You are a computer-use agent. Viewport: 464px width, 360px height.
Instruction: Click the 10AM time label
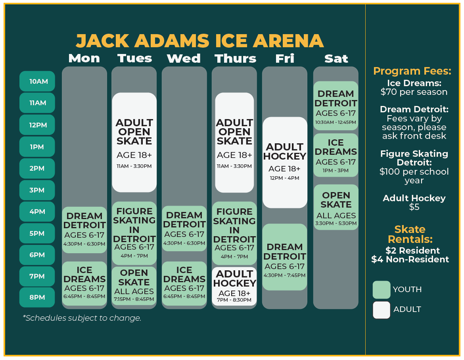(x=37, y=81)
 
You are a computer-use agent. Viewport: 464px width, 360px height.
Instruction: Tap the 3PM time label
(x=37, y=190)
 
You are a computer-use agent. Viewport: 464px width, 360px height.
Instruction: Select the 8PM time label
(x=37, y=297)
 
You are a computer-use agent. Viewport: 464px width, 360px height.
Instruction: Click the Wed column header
(x=184, y=58)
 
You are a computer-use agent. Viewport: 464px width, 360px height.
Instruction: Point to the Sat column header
(x=336, y=58)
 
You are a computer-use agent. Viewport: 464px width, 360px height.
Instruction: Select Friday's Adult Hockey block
(x=285, y=162)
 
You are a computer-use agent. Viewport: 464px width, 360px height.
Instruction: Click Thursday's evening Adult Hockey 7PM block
(x=234, y=286)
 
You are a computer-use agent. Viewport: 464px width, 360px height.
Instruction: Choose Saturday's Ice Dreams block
(x=336, y=155)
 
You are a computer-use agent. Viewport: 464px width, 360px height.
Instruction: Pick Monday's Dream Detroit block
(x=84, y=230)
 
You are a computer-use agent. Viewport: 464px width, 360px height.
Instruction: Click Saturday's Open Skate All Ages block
(x=336, y=207)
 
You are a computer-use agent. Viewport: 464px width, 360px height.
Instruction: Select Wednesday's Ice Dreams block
(x=184, y=283)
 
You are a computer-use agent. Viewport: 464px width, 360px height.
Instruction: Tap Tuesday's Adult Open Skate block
(x=134, y=142)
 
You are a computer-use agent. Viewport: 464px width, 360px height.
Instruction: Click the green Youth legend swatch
(x=382, y=289)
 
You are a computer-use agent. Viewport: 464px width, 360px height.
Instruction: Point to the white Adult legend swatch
(x=382, y=310)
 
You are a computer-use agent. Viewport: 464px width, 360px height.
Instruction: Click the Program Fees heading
(x=412, y=71)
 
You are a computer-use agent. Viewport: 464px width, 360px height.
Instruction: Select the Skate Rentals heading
(x=410, y=234)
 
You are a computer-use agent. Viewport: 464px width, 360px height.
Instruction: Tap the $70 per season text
(x=414, y=92)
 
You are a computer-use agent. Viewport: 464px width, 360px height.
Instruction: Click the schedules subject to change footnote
(x=82, y=318)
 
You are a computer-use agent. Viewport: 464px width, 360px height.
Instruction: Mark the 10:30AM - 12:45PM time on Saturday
(x=336, y=122)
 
